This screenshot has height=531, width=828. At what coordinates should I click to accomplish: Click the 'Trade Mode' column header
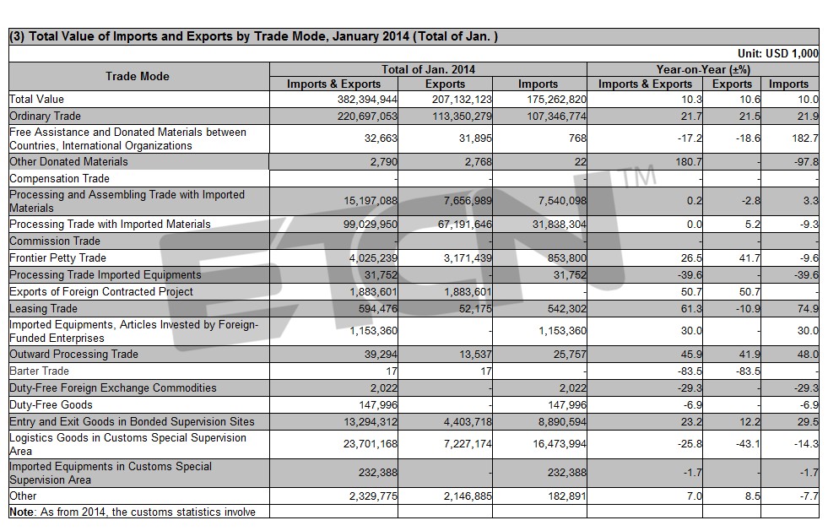pyautogui.click(x=138, y=76)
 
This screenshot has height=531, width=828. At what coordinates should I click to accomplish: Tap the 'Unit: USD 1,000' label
pyautogui.click(x=778, y=53)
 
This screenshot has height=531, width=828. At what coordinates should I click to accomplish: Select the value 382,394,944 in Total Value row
pyautogui.click(x=367, y=100)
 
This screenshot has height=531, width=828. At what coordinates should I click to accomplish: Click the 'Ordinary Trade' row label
pyautogui.click(x=46, y=116)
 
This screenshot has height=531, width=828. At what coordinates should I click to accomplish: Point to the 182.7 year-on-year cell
pyautogui.click(x=805, y=138)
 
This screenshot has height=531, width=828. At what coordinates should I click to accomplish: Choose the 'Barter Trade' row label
pyautogui.click(x=39, y=371)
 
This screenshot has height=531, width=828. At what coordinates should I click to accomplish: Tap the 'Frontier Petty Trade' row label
pyautogui.click(x=58, y=257)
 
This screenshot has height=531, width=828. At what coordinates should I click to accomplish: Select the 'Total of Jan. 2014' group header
pyautogui.click(x=428, y=69)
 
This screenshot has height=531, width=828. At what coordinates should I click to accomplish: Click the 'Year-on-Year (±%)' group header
pyautogui.click(x=703, y=69)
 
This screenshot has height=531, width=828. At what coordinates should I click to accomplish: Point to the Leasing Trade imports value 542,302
pyautogui.click(x=566, y=309)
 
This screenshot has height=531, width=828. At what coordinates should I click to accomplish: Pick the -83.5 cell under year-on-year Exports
pyautogui.click(x=747, y=371)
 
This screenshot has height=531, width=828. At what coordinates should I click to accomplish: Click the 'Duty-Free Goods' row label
pyautogui.click(x=51, y=404)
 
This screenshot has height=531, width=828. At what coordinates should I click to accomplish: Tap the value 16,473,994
pyautogui.click(x=560, y=444)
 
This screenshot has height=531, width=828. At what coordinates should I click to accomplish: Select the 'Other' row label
pyautogui.click(x=24, y=496)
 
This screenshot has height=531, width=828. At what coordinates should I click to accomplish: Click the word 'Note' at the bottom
pyautogui.click(x=22, y=512)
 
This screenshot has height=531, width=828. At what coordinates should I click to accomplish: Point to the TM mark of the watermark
pyautogui.click(x=638, y=176)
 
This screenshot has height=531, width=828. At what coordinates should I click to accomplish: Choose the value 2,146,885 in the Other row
pyautogui.click(x=468, y=496)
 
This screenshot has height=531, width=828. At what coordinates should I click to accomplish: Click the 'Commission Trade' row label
pyautogui.click(x=55, y=241)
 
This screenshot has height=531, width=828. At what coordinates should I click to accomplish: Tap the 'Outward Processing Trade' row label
pyautogui.click(x=74, y=354)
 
